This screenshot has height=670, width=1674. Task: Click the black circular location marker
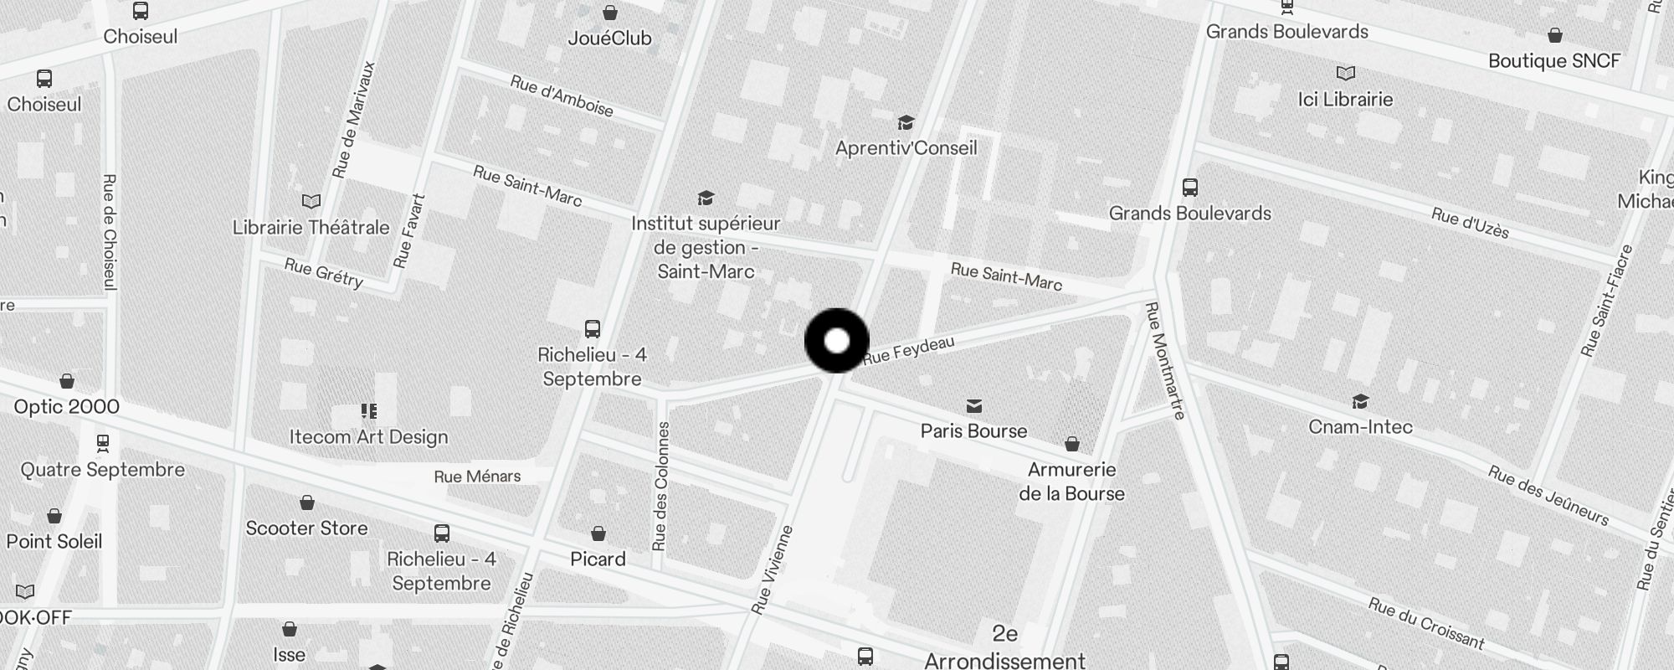[836, 341]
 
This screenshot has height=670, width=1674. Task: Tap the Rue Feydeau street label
[908, 349]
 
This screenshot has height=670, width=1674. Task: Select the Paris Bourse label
[973, 431]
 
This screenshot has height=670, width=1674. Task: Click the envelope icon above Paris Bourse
[973, 406]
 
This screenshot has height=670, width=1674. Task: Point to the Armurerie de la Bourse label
[1071, 482]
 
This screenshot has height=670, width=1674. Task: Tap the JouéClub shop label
[609, 39]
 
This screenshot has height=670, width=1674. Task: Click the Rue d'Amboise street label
[562, 96]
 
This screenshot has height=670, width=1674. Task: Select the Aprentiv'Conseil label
[906, 148]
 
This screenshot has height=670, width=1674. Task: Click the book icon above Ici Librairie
[1345, 74]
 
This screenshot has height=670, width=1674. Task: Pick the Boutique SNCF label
[1553, 61]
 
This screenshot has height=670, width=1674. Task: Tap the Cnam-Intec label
[1360, 427]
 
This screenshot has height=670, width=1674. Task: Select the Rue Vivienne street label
[772, 570]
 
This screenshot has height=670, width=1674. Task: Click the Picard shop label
[598, 559]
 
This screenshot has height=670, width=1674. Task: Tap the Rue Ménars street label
[477, 477]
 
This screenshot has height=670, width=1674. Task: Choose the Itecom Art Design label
[368, 437]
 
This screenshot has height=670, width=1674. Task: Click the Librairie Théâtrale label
[311, 228]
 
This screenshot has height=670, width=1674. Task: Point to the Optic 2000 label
[67, 407]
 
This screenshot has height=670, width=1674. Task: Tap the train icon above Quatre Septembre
[103, 443]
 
